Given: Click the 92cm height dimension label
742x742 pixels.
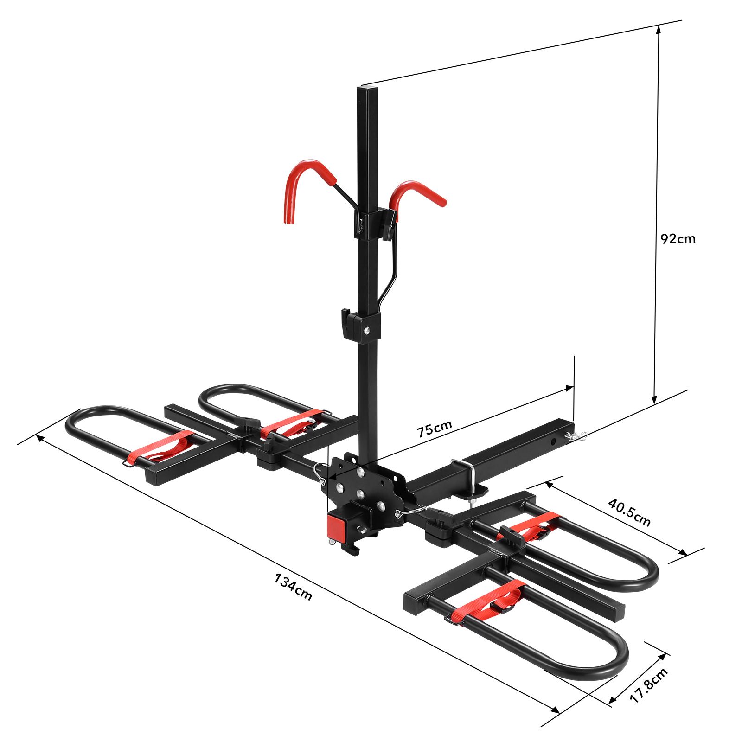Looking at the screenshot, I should click(678, 239).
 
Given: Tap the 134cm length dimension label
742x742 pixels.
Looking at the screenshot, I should click(293, 587).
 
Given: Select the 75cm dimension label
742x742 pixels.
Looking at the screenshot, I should click(434, 429).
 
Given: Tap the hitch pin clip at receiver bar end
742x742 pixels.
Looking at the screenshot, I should click(576, 436).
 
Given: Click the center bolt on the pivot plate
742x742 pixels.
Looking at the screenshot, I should click(360, 493).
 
